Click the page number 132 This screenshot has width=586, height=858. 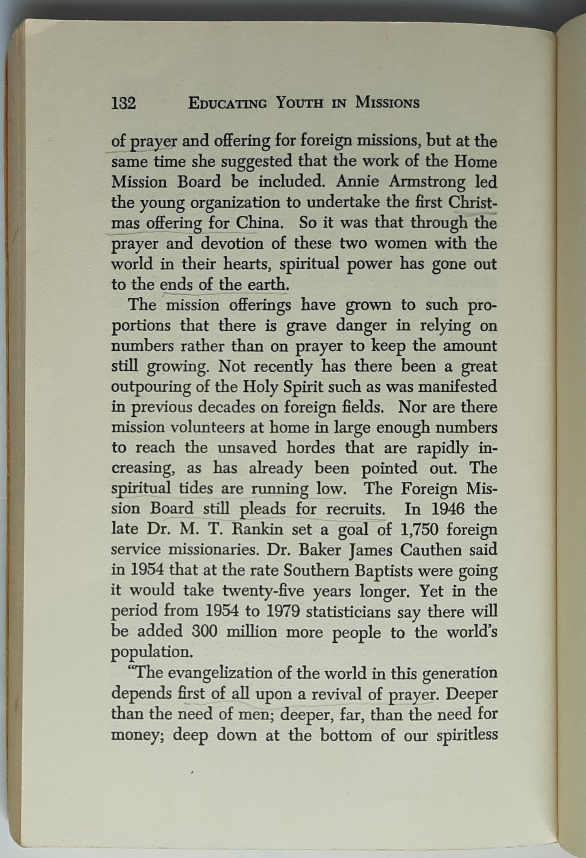124,104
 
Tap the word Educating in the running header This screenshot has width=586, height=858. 228,104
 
